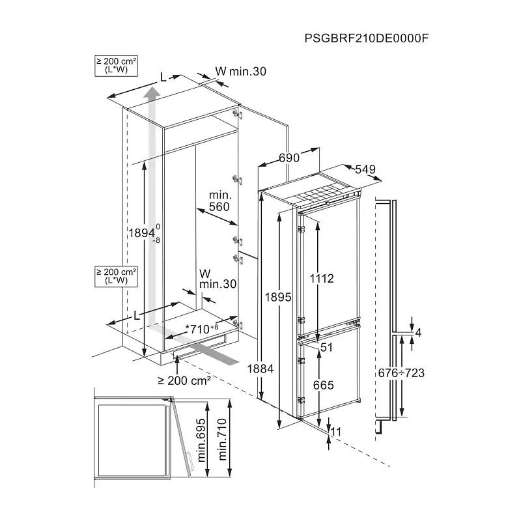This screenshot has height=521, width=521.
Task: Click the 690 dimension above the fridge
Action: (289, 158)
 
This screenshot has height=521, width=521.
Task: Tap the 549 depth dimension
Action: (365, 169)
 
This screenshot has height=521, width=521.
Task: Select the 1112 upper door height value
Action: (321, 279)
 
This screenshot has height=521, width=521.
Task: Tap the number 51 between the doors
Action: (326, 348)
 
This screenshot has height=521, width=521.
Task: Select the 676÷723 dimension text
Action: (401, 373)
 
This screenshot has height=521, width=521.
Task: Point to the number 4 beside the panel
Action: (418, 333)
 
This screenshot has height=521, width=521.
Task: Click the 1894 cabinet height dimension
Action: (141, 233)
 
